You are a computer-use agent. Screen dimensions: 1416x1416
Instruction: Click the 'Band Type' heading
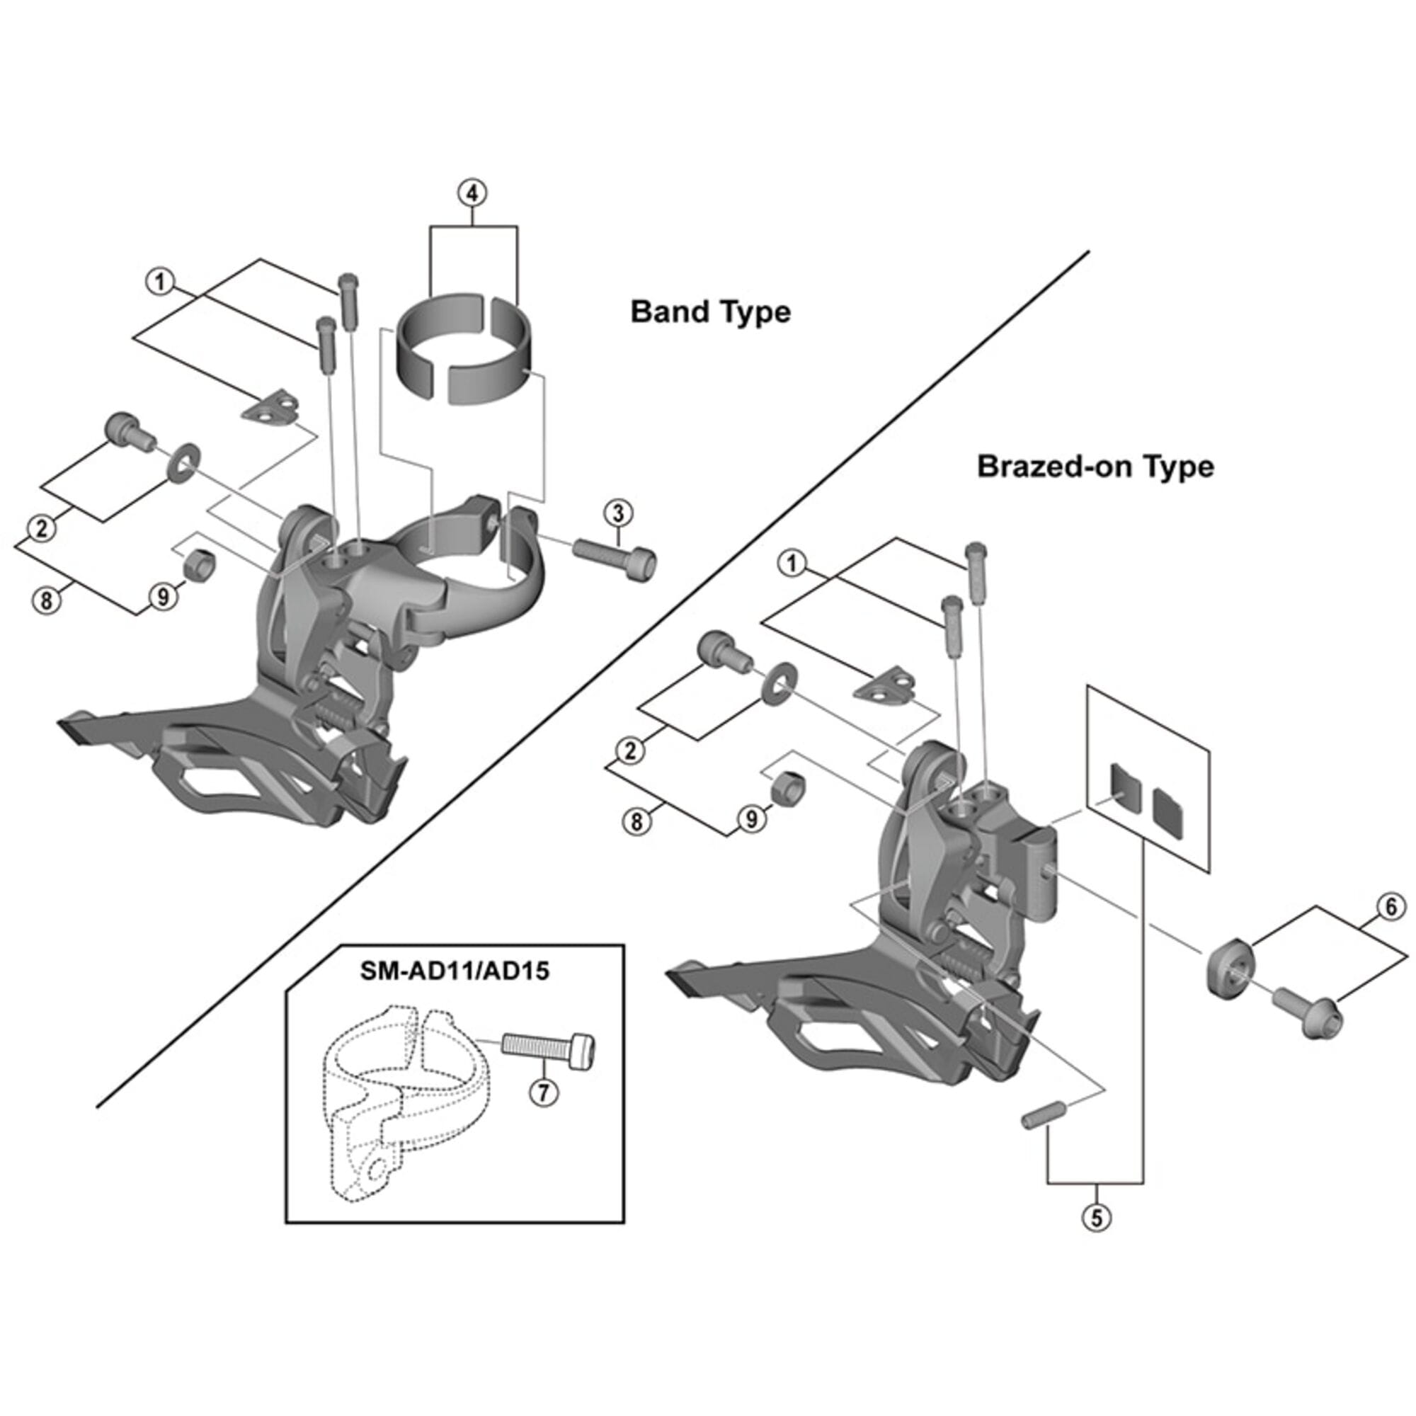click(x=710, y=312)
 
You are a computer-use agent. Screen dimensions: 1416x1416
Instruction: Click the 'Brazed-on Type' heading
click(x=1095, y=466)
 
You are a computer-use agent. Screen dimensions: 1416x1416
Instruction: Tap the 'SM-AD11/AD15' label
click(x=454, y=971)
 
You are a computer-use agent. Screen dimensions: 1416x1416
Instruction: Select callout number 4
click(x=472, y=193)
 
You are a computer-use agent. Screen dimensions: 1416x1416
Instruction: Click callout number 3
click(x=618, y=513)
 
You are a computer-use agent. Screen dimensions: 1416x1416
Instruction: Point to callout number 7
click(x=543, y=1112)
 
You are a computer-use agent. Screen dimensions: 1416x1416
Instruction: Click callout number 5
click(x=1096, y=1217)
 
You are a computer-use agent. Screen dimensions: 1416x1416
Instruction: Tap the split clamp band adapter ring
click(x=463, y=345)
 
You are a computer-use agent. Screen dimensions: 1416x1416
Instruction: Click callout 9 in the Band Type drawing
click(x=163, y=597)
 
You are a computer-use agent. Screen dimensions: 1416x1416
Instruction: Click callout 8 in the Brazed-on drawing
click(x=636, y=821)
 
